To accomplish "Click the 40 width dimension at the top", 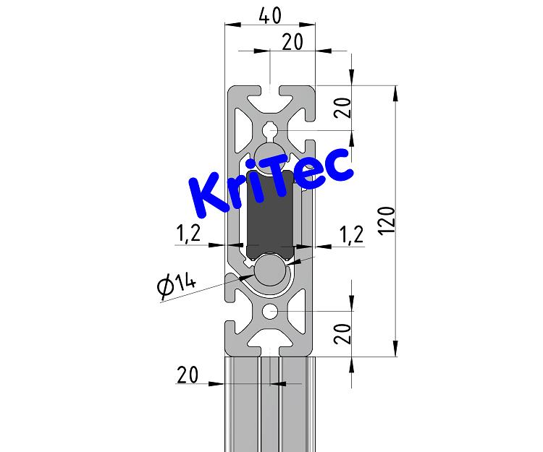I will [270, 15].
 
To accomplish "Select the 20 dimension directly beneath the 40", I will [292, 43].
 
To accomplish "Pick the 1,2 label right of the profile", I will [351, 233].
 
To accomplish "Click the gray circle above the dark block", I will [269, 155].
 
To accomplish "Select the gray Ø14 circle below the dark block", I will [269, 270].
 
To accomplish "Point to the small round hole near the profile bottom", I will [270, 312].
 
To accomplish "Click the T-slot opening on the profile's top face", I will [270, 91].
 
